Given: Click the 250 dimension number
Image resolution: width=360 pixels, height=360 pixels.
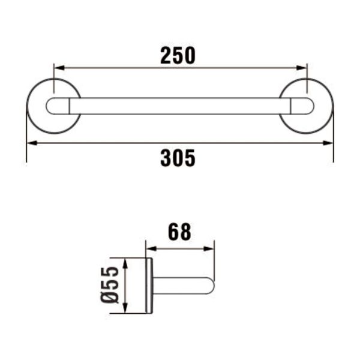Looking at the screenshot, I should tap(178, 55).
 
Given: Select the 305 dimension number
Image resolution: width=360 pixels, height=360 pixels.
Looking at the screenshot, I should tap(178, 158).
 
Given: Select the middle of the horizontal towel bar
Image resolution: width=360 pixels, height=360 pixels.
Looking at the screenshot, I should tap(180, 106).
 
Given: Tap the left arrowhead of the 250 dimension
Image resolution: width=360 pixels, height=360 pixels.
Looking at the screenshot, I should tap(58, 68).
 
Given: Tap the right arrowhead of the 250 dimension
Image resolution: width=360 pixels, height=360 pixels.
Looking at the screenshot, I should tap(303, 68).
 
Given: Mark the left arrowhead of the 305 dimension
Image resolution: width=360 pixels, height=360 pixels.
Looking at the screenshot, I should tap(31, 143).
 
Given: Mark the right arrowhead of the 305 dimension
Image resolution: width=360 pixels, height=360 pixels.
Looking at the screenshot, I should tap(329, 143).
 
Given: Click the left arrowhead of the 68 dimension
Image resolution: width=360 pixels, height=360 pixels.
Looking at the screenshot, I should tap(150, 247).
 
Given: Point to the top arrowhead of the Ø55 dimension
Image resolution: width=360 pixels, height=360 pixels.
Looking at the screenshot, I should tap(125, 262).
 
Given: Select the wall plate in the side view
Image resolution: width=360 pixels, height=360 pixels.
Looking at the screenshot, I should tap(149, 285).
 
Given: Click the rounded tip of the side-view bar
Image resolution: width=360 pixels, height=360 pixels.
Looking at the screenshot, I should tap(211, 286).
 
